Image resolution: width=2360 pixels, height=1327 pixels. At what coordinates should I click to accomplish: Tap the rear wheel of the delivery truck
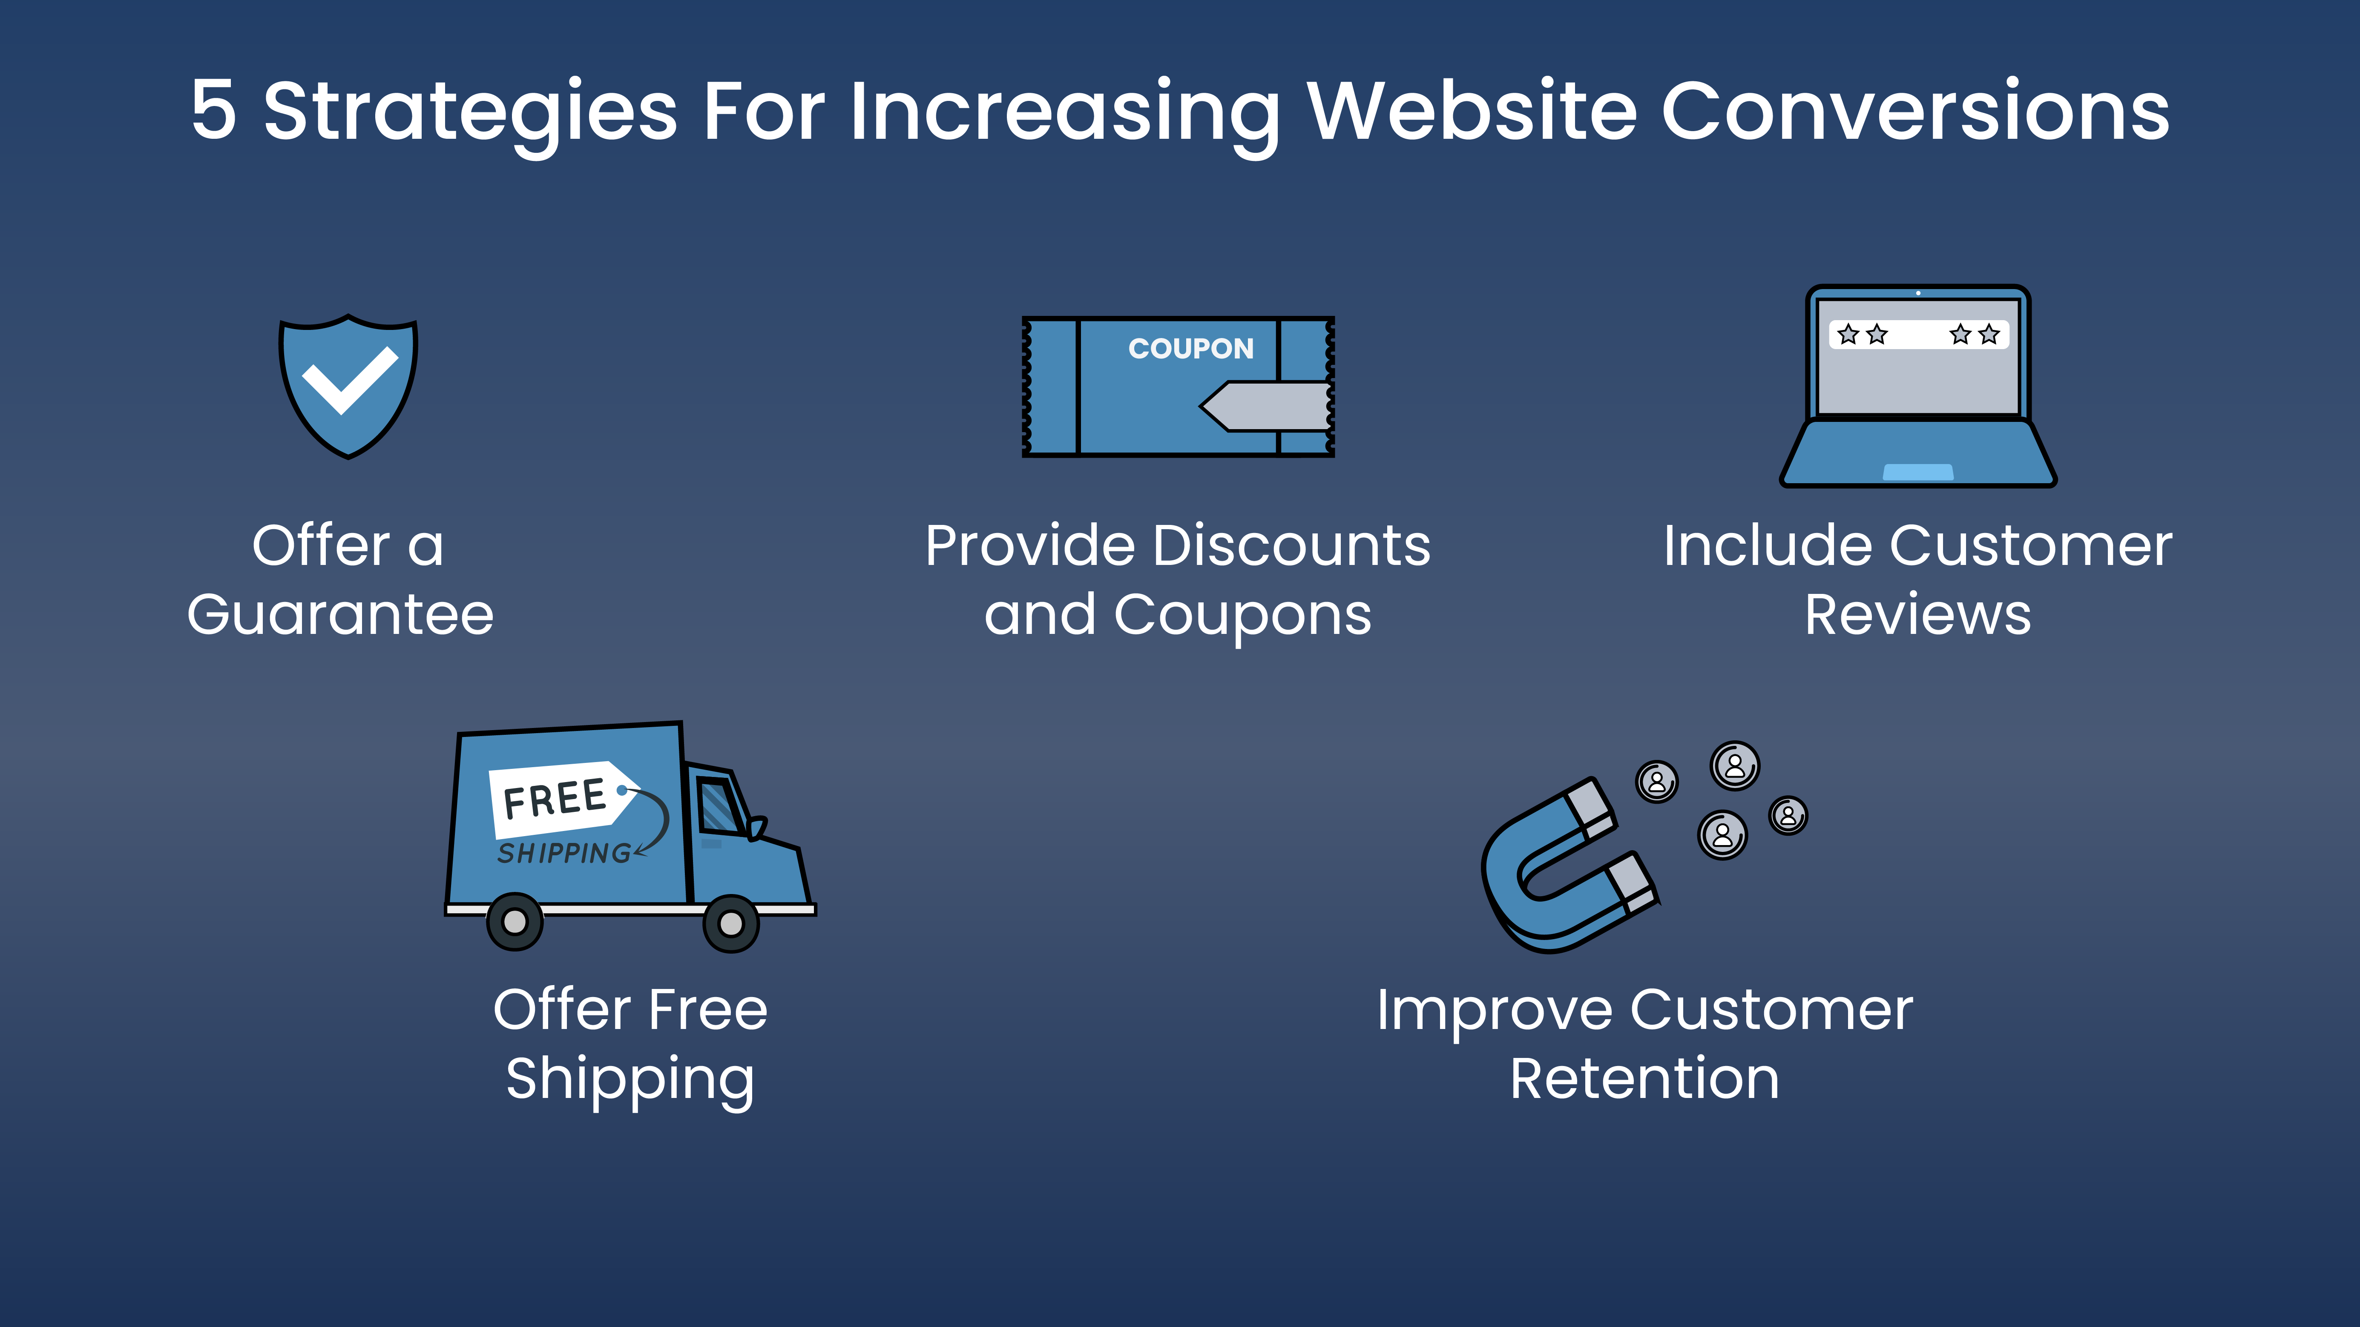pos(515,921)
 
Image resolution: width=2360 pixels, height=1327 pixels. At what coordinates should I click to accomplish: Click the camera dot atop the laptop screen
pos(1917,293)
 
